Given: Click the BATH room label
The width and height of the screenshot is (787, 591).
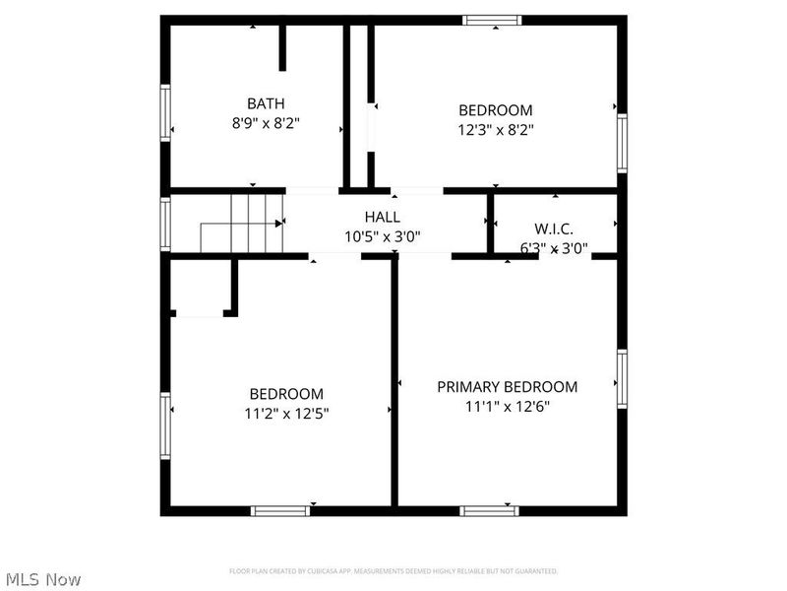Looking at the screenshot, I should click(266, 103).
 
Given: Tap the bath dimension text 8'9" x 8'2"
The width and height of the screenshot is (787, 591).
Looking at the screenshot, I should click(266, 124).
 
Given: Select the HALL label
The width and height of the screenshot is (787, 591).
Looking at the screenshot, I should click(382, 217).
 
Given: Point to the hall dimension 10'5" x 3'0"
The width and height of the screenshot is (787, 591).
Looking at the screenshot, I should click(382, 236).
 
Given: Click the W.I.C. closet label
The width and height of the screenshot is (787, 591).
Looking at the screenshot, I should click(554, 229).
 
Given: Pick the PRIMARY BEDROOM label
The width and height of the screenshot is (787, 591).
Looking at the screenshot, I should click(507, 387).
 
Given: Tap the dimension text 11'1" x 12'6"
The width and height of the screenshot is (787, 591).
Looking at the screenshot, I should click(507, 407).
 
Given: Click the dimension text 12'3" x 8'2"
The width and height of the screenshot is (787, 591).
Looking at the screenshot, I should click(496, 129).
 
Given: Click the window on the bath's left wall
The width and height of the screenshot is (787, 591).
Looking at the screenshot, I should click(166, 114).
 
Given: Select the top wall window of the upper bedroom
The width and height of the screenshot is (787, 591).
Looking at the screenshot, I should click(493, 19).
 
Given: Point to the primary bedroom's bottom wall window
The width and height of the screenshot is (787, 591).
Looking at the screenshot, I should click(489, 510).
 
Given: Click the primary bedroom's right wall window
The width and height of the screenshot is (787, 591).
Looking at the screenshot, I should click(622, 380).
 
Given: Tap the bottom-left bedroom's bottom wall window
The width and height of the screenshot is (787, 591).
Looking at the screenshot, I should click(280, 510).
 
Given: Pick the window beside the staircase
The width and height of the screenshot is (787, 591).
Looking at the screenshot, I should click(166, 224).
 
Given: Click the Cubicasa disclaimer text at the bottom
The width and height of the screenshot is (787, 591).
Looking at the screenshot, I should click(393, 571).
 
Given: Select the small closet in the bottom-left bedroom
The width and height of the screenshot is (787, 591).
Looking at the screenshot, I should click(201, 288).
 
